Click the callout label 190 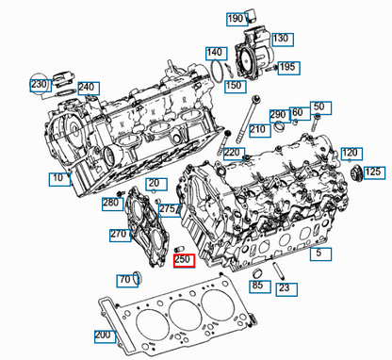point(236,18)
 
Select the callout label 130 point(281,39)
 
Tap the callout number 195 point(287,67)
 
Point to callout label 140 point(215,52)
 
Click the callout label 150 point(235,85)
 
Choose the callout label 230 point(39,84)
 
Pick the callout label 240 point(87,89)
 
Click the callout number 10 point(58,177)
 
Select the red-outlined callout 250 point(184,259)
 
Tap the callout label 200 point(103,335)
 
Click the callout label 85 point(257,285)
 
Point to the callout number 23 point(284,288)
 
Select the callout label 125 point(373,172)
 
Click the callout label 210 point(257,129)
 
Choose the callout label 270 point(119,234)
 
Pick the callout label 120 point(351,153)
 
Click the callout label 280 point(111,203)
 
